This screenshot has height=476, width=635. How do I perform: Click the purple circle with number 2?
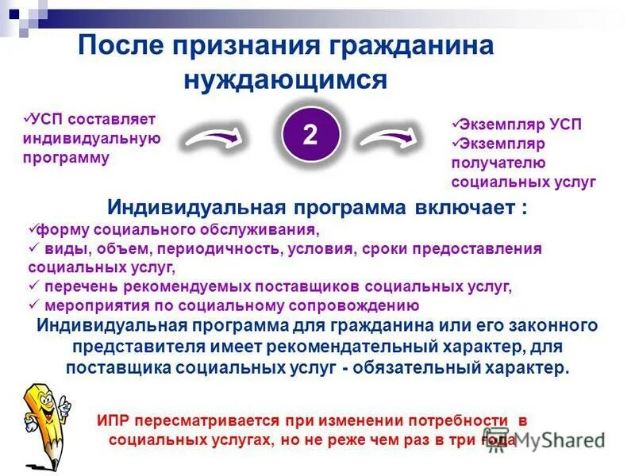(310, 134)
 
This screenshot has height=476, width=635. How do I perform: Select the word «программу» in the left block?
(71, 157)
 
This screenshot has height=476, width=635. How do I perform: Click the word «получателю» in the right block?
(498, 163)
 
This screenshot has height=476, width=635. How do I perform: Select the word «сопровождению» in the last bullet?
(365, 305)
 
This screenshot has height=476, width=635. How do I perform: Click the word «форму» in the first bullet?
(57, 230)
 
